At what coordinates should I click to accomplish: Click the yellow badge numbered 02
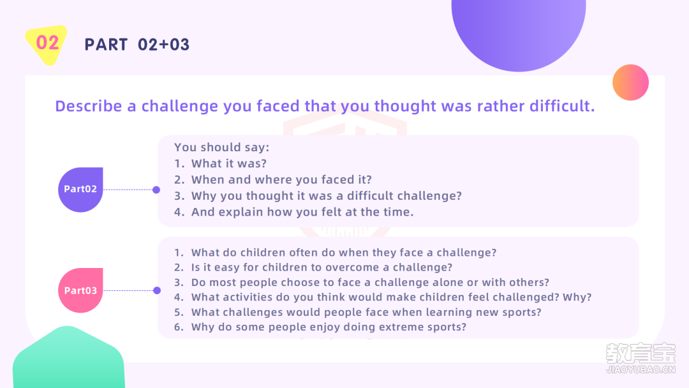pos(47,45)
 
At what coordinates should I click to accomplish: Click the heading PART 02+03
pos(137,45)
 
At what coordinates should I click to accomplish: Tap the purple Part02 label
pos(80,190)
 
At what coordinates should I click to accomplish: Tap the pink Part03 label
pos(80,290)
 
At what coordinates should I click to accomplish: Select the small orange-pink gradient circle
pos(630,82)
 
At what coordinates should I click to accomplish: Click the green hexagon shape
pos(68,358)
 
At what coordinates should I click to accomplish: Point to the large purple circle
pos(519,31)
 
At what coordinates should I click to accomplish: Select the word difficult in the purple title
pos(562,106)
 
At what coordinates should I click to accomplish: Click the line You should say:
pos(221,147)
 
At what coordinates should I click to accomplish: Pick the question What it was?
pos(220,163)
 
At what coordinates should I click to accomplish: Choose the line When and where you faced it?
pos(273,180)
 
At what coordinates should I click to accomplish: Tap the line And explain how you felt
pos(294,212)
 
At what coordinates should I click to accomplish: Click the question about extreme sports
pos(320,327)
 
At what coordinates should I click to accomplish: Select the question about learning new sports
pos(358,312)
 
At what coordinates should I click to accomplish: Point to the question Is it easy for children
pos(313,267)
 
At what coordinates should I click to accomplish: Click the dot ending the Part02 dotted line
pos(156,190)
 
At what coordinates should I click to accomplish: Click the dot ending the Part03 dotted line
pos(157,290)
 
